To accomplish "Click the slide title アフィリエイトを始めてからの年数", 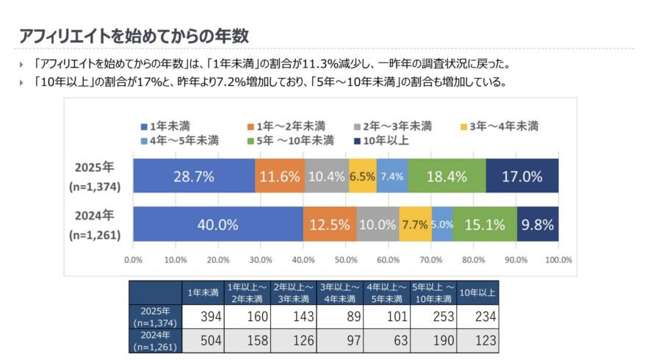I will tap(134, 35).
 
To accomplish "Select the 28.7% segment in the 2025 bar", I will tap(194, 176).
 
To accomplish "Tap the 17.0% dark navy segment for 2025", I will tap(521, 176).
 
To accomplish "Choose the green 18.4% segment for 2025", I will tap(447, 176).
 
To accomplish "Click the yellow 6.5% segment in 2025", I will tap(363, 176).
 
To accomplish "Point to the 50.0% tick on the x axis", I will tap(346, 259).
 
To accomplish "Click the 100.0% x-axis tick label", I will tap(558, 259).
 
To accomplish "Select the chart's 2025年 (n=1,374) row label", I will tap(94, 176).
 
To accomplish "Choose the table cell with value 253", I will tap(433, 317).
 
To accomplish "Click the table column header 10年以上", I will tap(477, 293).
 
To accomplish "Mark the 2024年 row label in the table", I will tap(155, 340).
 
